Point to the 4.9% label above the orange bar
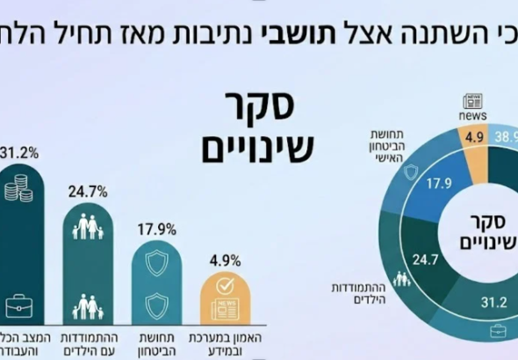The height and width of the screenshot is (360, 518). pyautogui.click(x=225, y=261)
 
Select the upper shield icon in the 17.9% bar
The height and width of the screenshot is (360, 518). pyautogui.click(x=157, y=263)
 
